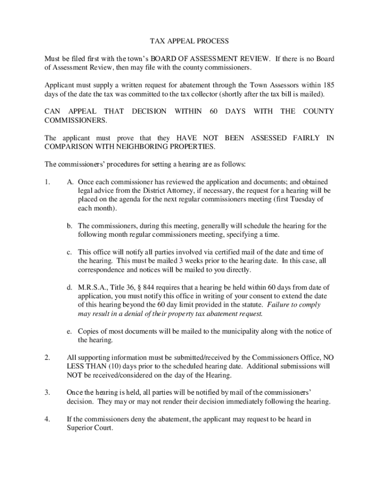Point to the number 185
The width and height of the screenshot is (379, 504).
click(x=327, y=85)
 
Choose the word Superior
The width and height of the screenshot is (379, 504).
click(x=81, y=428)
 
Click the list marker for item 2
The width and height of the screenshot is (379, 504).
click(x=47, y=357)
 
